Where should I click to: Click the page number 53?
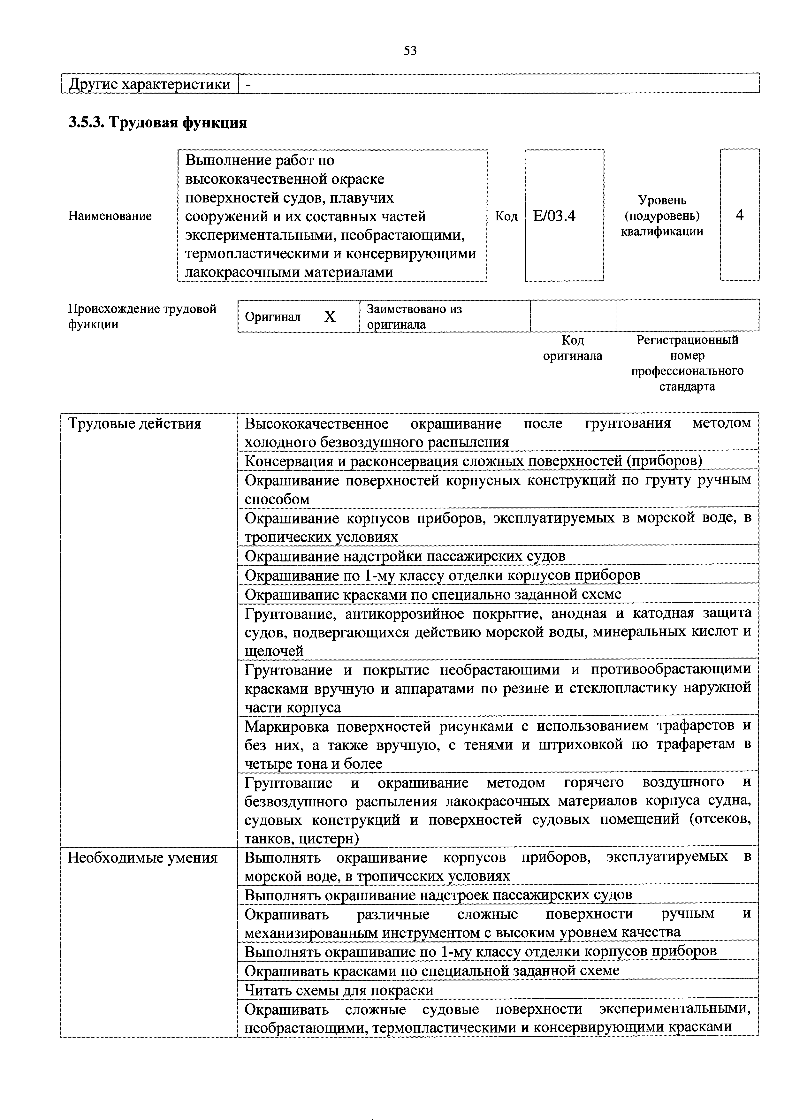tap(410, 51)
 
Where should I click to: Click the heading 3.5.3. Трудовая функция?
tap(157, 122)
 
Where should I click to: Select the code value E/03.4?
tap(554, 216)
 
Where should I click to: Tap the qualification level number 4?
tap(739, 215)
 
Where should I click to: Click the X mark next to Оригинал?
tap(330, 317)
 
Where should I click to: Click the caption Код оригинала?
tap(573, 348)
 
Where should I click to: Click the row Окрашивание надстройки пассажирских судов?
tap(405, 556)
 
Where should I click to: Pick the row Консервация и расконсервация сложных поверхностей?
tap(473, 461)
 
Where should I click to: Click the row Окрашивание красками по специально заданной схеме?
tap(433, 594)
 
